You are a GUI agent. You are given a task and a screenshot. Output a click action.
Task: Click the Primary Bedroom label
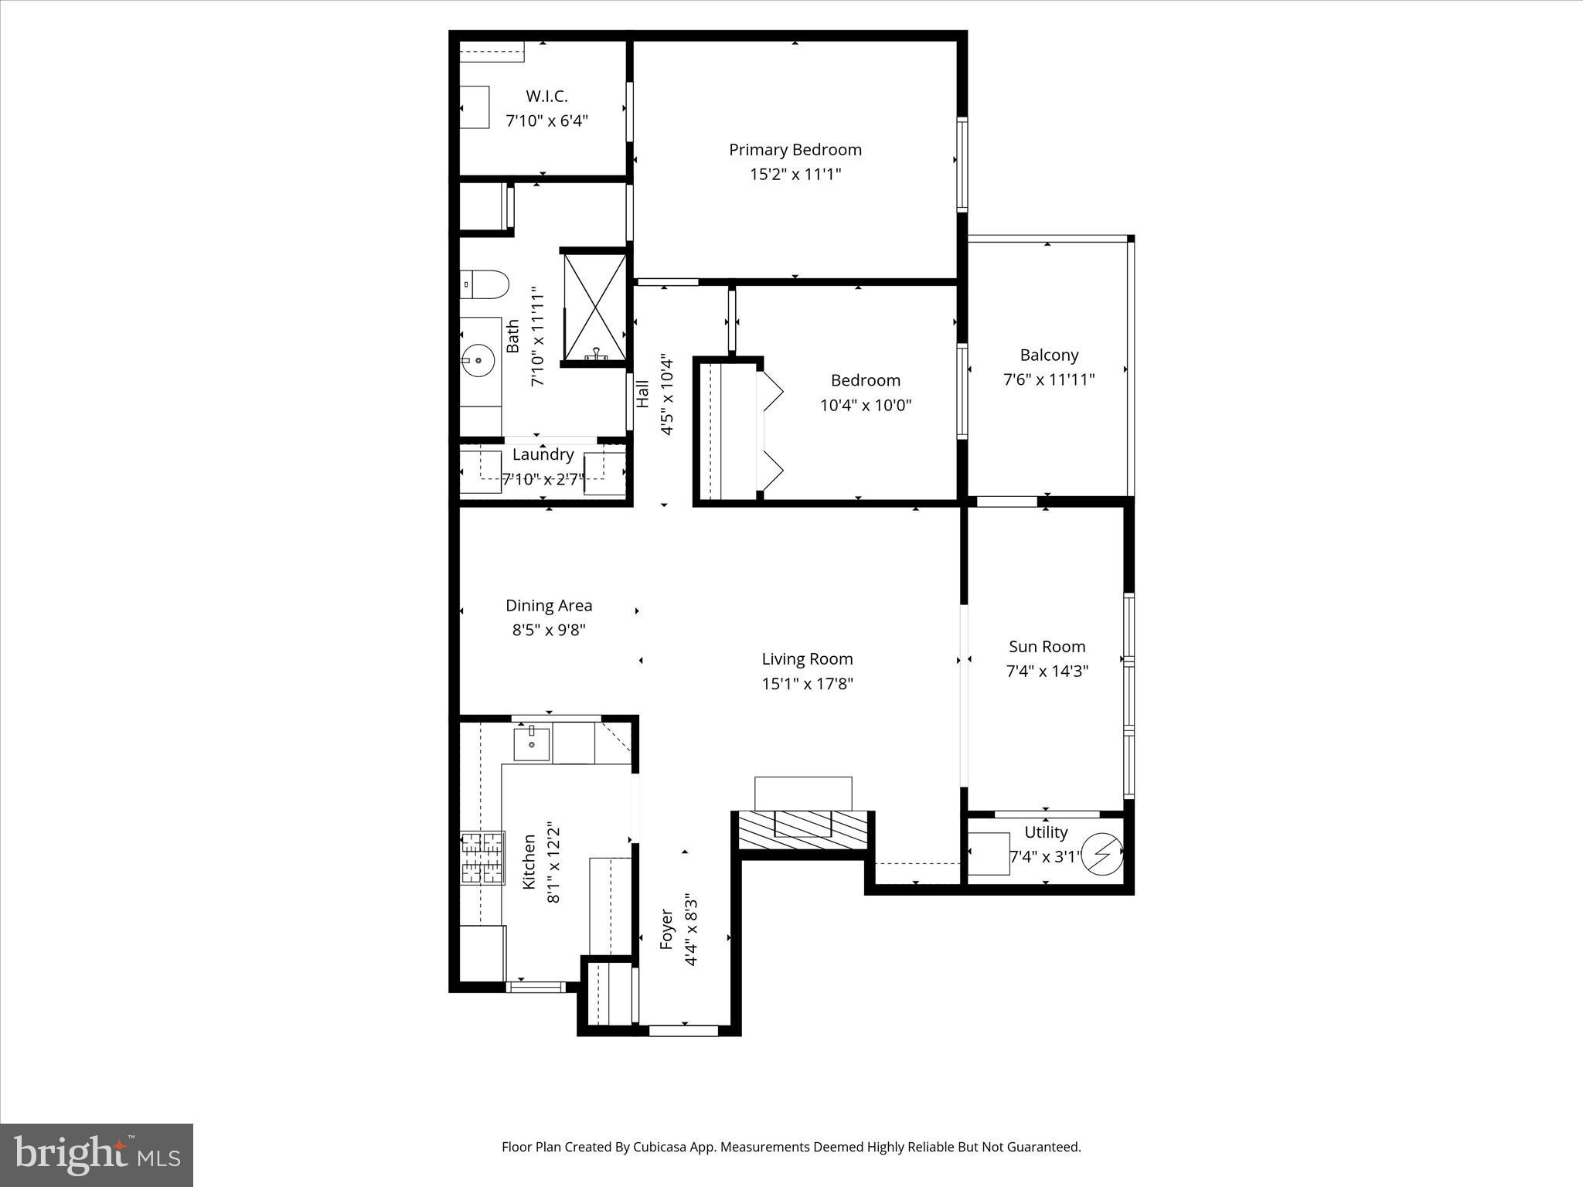[x=795, y=149]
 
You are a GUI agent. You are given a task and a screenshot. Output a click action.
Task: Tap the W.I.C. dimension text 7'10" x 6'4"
[x=546, y=121]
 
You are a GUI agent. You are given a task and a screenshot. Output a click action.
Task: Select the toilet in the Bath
[x=485, y=284]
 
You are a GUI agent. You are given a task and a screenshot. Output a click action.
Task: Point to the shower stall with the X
[x=595, y=307]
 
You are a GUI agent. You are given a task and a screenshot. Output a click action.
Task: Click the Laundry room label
[x=543, y=454]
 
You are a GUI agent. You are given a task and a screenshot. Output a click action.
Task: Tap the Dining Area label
[x=549, y=606]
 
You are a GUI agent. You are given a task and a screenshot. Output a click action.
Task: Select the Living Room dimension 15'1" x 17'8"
[x=807, y=684]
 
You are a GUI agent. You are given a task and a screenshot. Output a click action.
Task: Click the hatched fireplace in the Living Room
[x=803, y=830]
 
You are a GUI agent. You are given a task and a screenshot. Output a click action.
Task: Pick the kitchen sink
[x=533, y=745]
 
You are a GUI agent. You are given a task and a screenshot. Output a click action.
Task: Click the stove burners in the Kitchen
[x=482, y=857]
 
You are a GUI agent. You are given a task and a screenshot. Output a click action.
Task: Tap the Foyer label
[x=667, y=929]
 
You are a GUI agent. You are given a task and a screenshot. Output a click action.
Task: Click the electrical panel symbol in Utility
[x=1101, y=854]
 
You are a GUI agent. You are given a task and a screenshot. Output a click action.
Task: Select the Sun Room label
[x=1047, y=647]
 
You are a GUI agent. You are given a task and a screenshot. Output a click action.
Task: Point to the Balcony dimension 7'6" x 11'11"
[x=1048, y=379]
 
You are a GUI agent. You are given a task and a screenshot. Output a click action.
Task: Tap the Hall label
[x=642, y=393]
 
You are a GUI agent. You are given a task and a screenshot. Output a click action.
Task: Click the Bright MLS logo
[x=97, y=1155]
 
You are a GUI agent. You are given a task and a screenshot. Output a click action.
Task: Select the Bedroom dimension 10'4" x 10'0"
[x=865, y=405]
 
